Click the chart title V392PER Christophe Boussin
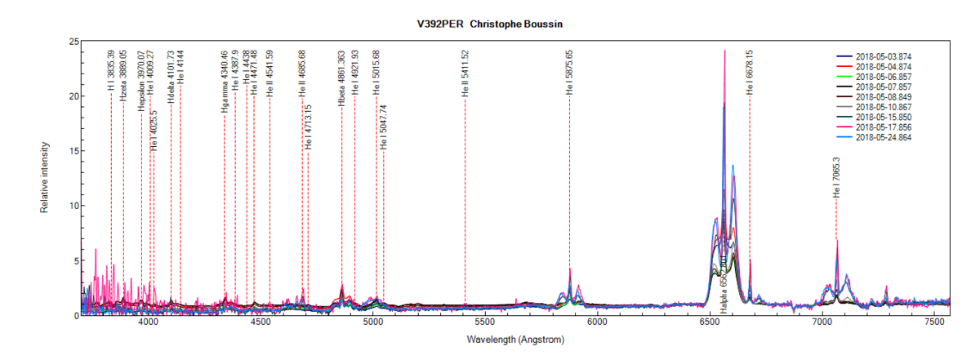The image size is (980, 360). [x=490, y=24]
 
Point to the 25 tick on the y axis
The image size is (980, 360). [x=73, y=42]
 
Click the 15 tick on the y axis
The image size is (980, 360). [x=73, y=151]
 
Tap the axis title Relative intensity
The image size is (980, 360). [x=45, y=178]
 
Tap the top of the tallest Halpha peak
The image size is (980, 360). [x=724, y=51]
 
